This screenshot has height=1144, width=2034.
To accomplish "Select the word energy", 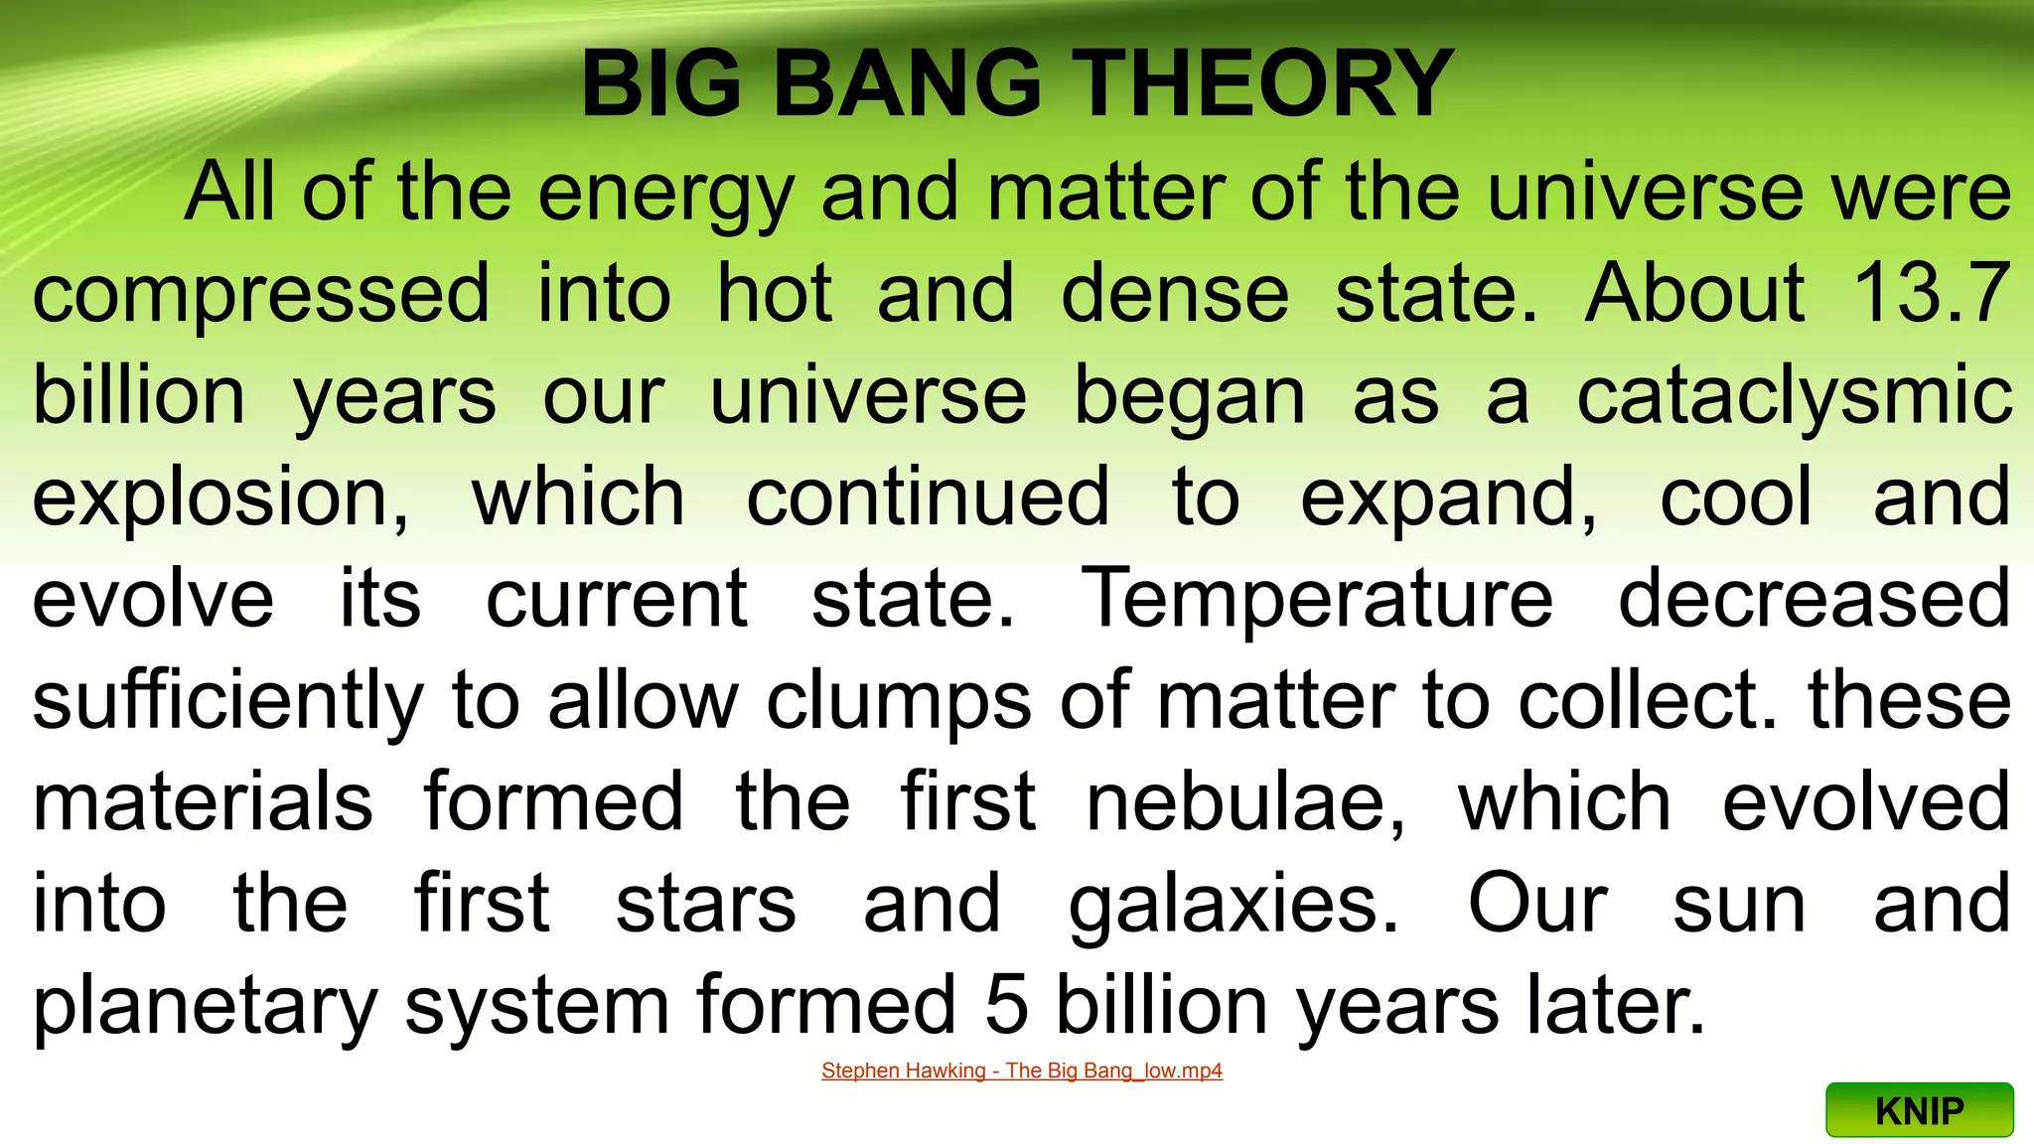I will point(665,194).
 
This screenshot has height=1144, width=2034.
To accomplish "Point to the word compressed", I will point(261,295).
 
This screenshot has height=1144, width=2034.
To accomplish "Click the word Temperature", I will point(1317,600).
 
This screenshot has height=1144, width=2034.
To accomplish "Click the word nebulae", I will point(1245,802).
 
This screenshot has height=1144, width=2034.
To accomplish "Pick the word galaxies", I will point(1233,906).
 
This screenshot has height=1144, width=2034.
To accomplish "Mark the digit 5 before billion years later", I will point(1006,1005).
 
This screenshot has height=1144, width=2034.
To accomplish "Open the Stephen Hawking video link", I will point(1021,1072).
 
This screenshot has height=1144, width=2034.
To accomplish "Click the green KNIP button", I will point(1919,1110).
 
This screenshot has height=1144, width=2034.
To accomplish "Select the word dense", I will point(1175,295).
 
